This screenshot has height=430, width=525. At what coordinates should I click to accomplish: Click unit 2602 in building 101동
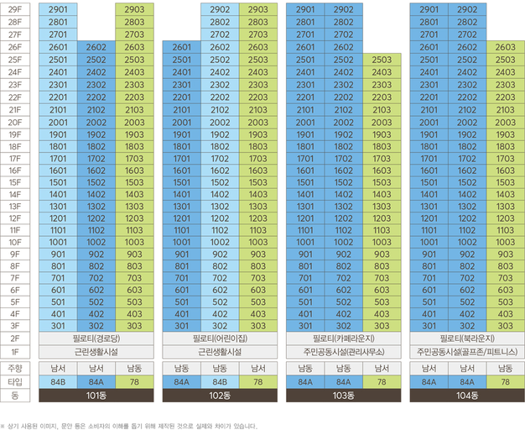(x=96, y=47)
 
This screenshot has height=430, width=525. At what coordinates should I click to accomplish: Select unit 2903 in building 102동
(x=258, y=9)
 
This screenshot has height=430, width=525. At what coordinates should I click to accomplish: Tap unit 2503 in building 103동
(x=382, y=60)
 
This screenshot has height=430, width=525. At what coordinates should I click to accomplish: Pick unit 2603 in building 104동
(x=505, y=47)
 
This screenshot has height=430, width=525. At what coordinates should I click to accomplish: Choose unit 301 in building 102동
(x=182, y=326)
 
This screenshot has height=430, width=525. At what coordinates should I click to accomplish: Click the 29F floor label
(x=15, y=9)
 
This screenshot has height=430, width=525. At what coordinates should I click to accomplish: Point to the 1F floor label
(x=15, y=352)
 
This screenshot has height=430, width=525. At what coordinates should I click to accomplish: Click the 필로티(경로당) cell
(x=96, y=338)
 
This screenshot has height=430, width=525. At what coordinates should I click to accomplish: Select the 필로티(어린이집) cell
(x=220, y=338)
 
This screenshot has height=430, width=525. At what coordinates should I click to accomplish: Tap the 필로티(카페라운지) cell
(x=344, y=338)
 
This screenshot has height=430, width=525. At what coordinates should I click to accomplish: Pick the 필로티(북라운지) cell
(x=467, y=338)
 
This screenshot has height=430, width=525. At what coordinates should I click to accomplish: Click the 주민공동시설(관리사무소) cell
(x=344, y=352)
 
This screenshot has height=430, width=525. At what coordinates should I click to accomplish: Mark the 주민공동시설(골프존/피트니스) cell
(x=467, y=352)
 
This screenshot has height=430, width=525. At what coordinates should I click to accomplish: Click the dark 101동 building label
(x=96, y=396)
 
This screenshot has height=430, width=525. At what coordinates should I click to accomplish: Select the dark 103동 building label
(x=344, y=396)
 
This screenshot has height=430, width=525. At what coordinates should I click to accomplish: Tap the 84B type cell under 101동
(x=58, y=382)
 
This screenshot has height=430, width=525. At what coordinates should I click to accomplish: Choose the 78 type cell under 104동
(x=505, y=382)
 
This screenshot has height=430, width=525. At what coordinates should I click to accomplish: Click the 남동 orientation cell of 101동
(x=134, y=369)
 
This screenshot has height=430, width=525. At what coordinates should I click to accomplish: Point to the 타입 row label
(x=15, y=382)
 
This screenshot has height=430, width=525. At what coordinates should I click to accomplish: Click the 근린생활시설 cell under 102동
(x=220, y=352)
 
